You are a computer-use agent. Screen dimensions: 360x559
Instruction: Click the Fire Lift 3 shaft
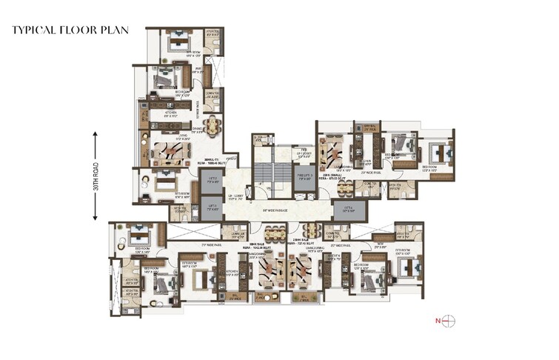(303, 180)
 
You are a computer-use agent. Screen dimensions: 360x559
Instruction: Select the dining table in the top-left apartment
(213, 126)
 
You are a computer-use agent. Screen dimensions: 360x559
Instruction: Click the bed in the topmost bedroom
(178, 42)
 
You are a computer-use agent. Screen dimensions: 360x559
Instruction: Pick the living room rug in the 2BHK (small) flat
(332, 154)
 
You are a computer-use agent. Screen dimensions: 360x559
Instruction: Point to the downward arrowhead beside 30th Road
(96, 218)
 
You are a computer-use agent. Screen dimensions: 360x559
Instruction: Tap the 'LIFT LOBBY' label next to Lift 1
(235, 197)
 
